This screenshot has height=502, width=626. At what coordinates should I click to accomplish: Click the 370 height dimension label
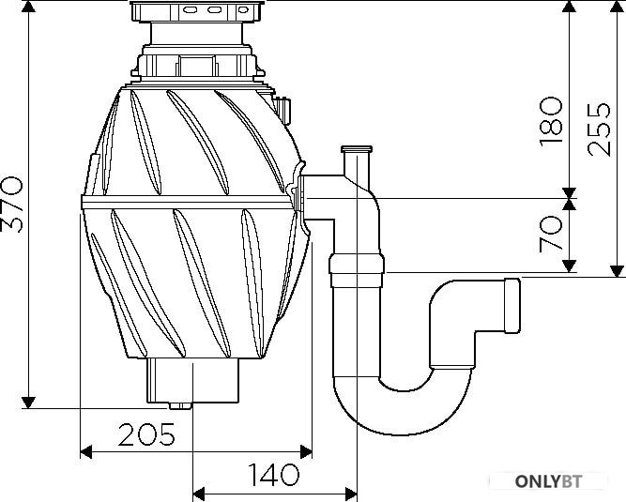[12, 205]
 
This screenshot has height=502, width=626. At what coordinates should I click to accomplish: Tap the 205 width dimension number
[146, 434]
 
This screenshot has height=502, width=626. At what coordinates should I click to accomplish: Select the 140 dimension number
[273, 475]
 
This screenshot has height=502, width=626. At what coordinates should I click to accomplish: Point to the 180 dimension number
[551, 122]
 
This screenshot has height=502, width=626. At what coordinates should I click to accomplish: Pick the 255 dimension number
[599, 129]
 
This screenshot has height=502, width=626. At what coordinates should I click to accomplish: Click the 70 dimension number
[551, 234]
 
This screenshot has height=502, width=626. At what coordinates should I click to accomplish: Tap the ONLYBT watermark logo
[548, 481]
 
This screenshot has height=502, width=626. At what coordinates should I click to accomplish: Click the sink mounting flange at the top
[197, 11]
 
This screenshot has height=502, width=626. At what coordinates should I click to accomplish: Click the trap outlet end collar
[512, 305]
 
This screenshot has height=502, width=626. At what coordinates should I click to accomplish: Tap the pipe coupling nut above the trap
[357, 271]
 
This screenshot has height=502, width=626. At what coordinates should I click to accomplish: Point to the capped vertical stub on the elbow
[357, 160]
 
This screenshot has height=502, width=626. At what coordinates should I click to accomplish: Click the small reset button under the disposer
[180, 406]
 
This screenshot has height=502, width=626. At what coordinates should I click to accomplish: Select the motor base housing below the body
[192, 380]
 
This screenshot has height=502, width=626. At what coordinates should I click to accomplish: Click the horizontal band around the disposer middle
[188, 203]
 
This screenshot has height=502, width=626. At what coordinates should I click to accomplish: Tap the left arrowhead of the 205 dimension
[85, 452]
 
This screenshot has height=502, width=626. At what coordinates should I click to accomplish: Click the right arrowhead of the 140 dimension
[351, 494]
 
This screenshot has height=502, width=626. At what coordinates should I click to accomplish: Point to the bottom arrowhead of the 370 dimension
[28, 403]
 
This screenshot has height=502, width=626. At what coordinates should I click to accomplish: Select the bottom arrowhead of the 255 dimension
[617, 271]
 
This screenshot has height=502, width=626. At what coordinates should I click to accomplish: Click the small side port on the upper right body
[283, 109]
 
